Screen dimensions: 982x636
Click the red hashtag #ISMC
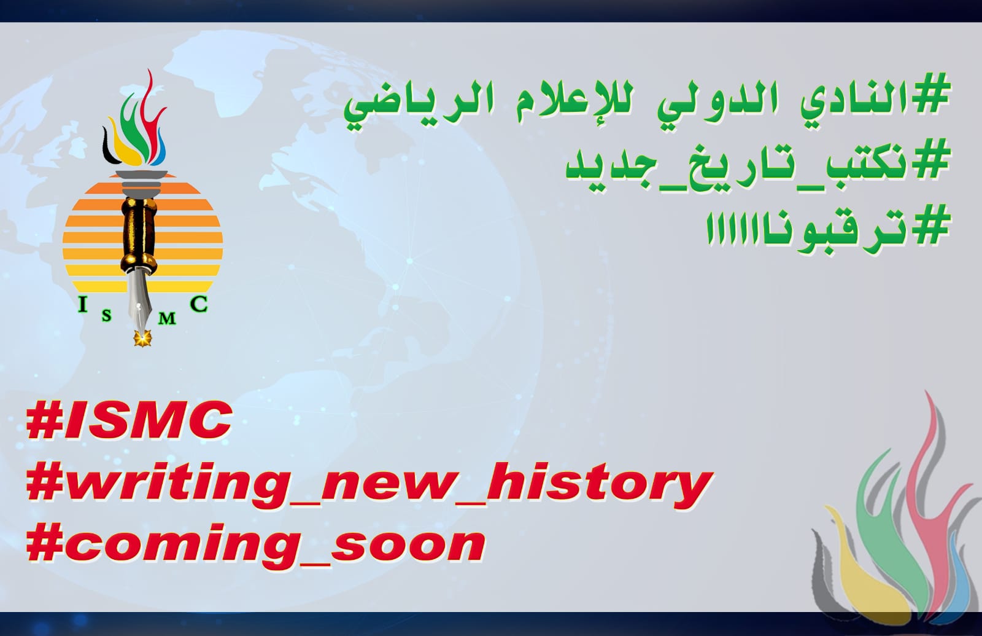(128, 420)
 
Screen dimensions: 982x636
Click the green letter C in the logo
(199, 304)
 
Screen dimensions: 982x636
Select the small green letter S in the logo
(107, 316)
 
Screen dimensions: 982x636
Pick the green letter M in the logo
(167, 318)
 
